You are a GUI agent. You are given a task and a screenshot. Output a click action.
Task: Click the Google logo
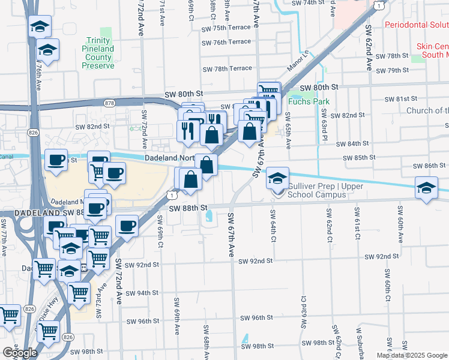click(20, 353)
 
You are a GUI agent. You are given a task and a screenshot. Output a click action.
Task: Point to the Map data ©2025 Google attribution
click(412, 355)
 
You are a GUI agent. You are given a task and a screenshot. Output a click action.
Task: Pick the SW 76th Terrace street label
click(226, 42)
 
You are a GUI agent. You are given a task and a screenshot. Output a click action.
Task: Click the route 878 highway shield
click(109, 103)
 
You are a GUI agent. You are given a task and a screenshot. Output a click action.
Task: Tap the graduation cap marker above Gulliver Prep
click(277, 178)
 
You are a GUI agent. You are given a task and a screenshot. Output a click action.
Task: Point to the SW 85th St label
click(359, 158)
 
